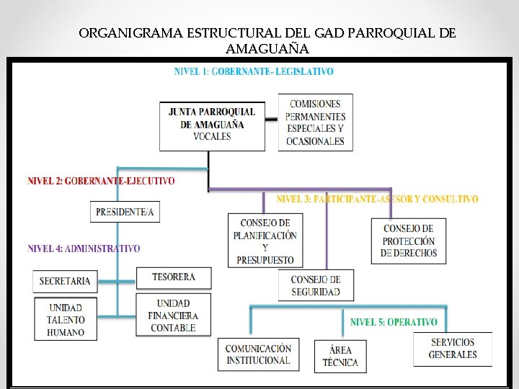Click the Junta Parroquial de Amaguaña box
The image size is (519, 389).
tap(212, 125)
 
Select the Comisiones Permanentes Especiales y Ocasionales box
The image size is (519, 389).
tap(315, 122)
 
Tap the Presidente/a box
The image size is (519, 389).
tap(125, 212)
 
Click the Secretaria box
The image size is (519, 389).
tap(65, 281)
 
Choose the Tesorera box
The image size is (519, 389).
tap(174, 277)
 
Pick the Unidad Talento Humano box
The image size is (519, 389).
tap(66, 320)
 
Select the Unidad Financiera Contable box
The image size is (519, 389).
tap(174, 316)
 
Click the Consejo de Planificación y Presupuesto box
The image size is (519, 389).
tap(265, 241)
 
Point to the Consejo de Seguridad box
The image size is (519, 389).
tap(315, 285)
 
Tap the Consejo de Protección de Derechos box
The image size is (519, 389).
tap(409, 241)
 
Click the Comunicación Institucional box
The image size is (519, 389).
tap(259, 354)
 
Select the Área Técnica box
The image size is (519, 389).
tap(340, 356)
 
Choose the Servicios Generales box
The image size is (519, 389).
tap(453, 349)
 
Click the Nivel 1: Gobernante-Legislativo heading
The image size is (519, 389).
tap(254, 71)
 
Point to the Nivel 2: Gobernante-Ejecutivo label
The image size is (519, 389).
tap(101, 181)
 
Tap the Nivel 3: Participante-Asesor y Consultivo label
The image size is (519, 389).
tap(377, 198)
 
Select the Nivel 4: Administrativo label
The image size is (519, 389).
tap(84, 249)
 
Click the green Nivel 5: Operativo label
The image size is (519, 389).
tap(394, 322)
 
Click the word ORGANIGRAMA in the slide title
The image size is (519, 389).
tap(130, 33)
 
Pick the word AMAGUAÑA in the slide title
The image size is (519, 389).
tap(267, 49)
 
